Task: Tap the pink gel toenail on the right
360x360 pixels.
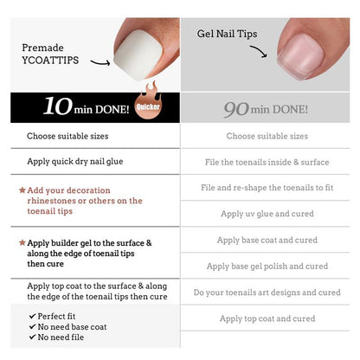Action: (x=301, y=56)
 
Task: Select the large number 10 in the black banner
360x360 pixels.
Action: (x=58, y=106)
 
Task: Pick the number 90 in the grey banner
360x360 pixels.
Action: (x=236, y=109)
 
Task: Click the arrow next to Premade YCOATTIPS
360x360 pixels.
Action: (x=100, y=62)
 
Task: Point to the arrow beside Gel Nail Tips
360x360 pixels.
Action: (x=259, y=51)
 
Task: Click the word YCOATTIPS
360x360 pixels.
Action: (x=50, y=61)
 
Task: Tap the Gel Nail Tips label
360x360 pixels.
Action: (x=227, y=34)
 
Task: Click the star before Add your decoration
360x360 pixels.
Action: (x=22, y=190)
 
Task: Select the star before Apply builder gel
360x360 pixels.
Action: (x=22, y=242)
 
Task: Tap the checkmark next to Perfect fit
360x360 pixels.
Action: (x=33, y=316)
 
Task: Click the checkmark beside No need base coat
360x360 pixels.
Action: (x=33, y=326)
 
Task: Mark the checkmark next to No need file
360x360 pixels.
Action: (x=33, y=337)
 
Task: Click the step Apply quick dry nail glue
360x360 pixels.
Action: (x=75, y=162)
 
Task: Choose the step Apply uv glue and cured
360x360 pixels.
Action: (x=267, y=214)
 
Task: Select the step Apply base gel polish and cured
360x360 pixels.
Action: (x=267, y=267)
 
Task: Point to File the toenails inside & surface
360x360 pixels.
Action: (x=267, y=162)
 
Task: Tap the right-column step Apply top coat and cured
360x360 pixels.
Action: (x=267, y=318)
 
